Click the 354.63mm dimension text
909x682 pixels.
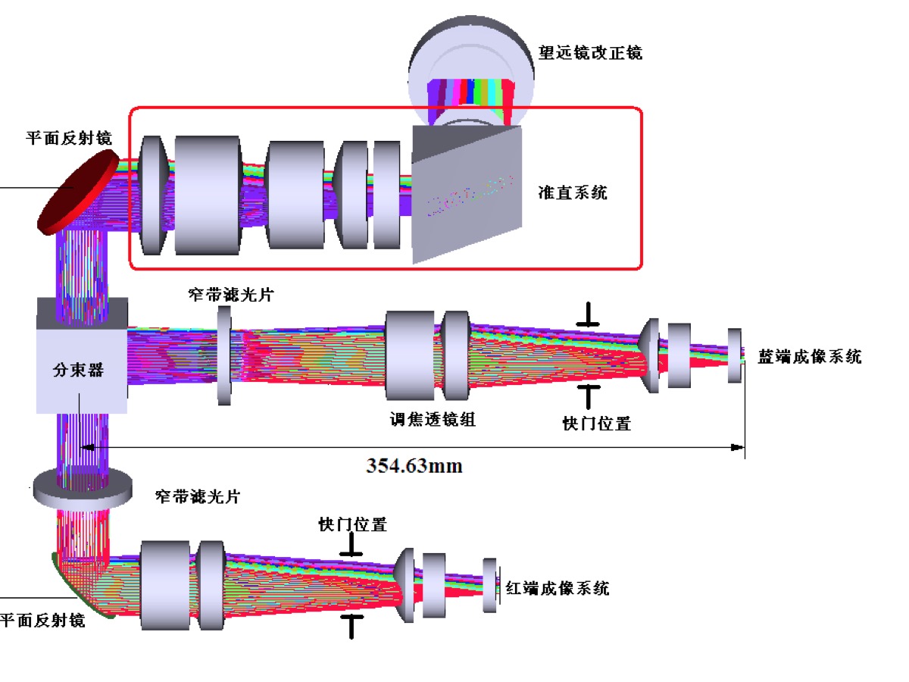414,465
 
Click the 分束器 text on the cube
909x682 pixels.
78,371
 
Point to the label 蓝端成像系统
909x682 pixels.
809,357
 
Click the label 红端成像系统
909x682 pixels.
557,588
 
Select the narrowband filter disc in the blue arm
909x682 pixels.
223,355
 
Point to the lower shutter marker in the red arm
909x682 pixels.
351,624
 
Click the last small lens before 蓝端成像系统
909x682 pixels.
734,355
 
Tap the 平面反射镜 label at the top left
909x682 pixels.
69,138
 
